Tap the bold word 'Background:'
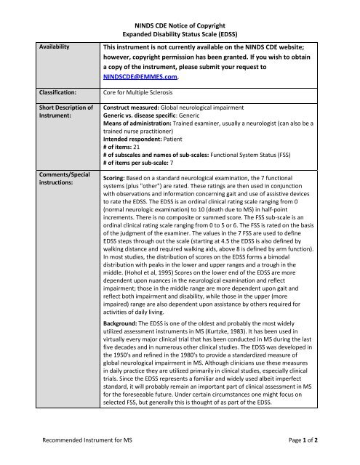click(125, 341)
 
